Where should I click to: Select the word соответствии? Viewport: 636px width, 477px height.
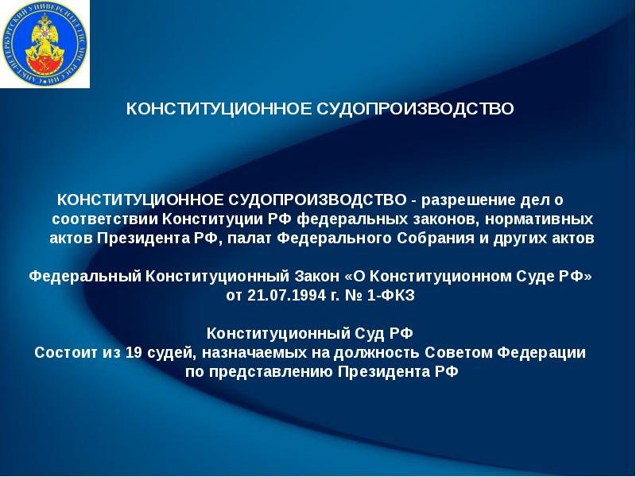(x=105, y=217)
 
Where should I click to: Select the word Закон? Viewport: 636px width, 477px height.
(x=316, y=277)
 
